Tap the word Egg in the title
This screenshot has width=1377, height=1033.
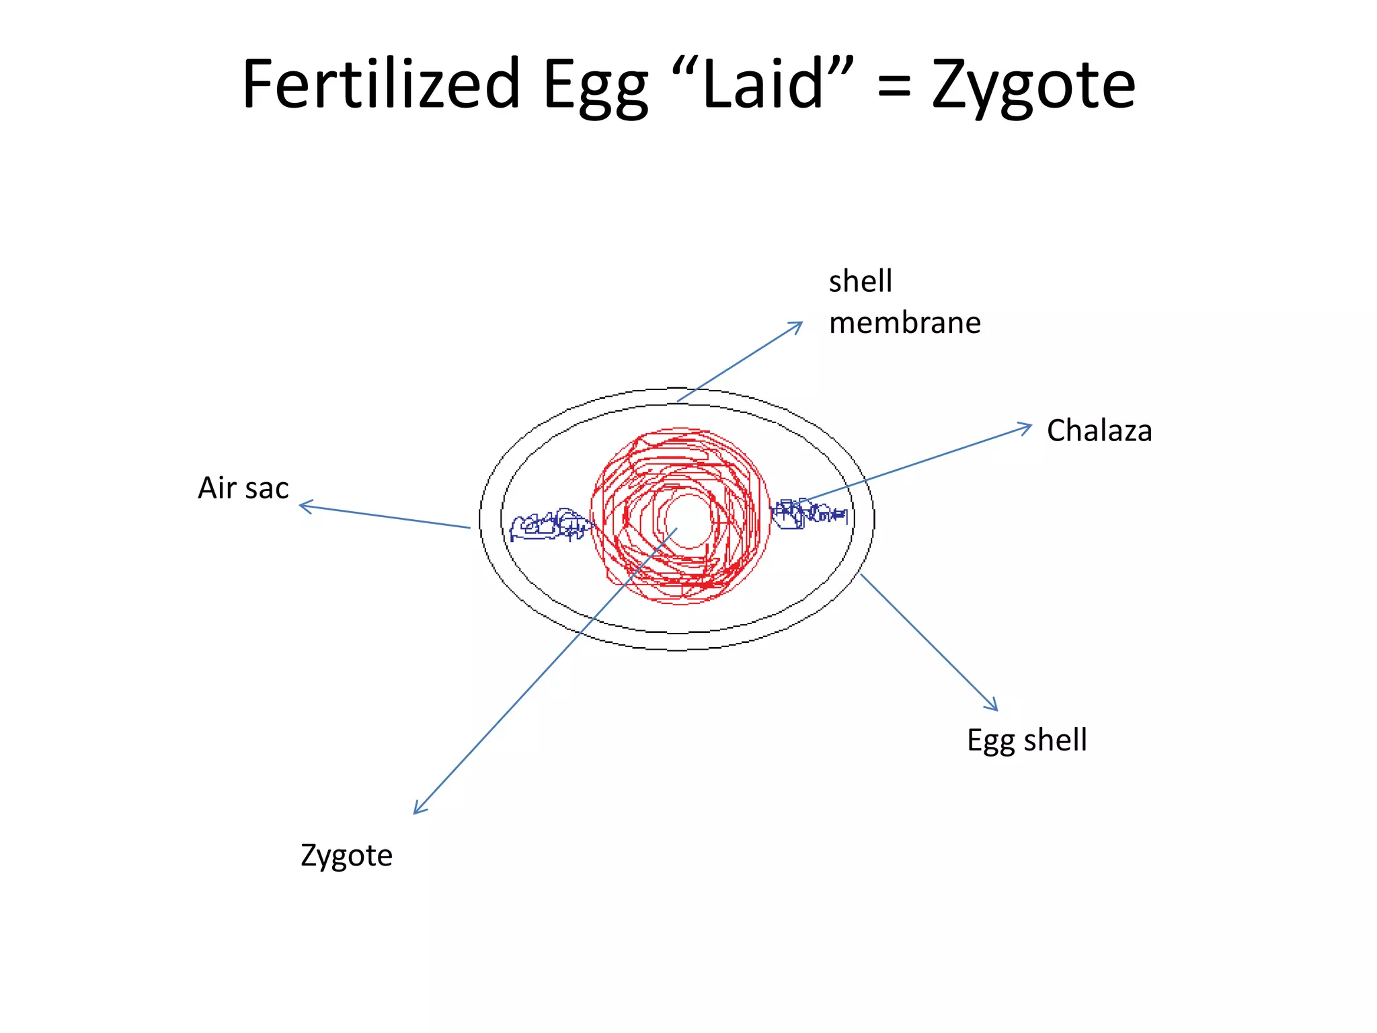[596, 87]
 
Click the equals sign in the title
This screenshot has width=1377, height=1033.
[894, 86]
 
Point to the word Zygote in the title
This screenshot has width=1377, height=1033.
[1033, 87]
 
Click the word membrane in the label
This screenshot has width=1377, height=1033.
[904, 323]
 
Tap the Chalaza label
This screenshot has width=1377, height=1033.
[1099, 430]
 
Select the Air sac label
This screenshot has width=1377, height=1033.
[243, 488]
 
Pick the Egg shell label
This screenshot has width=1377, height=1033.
[1026, 740]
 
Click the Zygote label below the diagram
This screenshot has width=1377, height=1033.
[346, 856]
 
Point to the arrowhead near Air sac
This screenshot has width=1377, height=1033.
[303, 506]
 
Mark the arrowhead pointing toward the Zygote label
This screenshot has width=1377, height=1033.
[417, 810]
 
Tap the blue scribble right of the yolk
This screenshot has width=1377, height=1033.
[807, 514]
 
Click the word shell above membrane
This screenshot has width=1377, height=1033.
[860, 281]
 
